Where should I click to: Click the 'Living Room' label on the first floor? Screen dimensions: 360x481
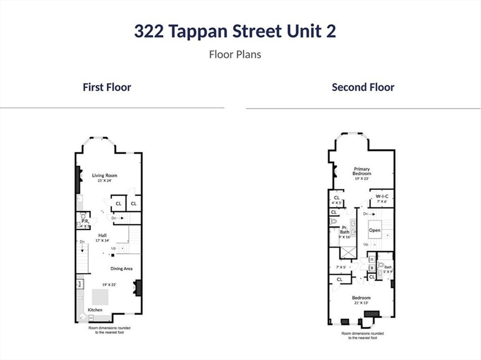coord(104,176)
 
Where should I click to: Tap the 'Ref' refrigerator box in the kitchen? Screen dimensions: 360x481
coord(80,283)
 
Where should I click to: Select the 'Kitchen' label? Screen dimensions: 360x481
coord(95,310)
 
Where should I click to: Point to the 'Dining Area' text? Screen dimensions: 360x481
coord(121,268)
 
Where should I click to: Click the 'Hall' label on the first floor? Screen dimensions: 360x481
coord(102,235)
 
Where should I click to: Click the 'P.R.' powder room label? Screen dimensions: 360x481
coord(85,221)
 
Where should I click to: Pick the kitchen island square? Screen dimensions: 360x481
coord(100,297)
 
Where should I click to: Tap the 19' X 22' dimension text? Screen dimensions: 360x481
coord(109,284)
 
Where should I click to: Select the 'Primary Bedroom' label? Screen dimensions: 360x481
coord(362,171)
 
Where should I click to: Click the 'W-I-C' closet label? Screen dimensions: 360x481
coord(381,196)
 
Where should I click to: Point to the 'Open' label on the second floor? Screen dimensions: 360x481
coord(374,230)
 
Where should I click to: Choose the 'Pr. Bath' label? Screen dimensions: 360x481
coord(345,230)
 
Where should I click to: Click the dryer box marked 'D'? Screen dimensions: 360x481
coord(371,259)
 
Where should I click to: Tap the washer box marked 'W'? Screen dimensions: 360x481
coord(371,268)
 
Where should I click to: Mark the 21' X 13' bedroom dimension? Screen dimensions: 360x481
coord(361,303)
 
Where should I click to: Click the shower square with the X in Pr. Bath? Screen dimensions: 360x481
coord(348,252)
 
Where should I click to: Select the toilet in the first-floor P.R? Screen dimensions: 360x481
coord(83,216)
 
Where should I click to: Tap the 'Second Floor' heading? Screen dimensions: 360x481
coord(363,87)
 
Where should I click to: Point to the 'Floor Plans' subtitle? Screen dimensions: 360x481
coord(235,54)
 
